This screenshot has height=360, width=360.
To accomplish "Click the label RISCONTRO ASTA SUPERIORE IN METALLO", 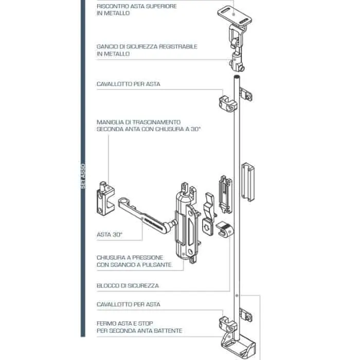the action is click(137, 10).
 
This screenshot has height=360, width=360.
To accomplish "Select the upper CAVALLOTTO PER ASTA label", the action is click(129, 84).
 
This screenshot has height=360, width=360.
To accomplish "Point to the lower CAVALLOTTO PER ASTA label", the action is click(129, 304).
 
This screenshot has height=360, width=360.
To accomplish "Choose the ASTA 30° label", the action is click(110, 235).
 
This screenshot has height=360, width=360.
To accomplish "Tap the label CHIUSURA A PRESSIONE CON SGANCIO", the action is click(134, 261).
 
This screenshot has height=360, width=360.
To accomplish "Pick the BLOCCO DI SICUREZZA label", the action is click(128, 285).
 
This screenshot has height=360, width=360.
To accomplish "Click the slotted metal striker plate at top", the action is click(235, 15).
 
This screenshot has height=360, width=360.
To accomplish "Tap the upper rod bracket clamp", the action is click(228, 103).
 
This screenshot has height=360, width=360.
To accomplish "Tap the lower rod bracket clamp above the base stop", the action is click(228, 324).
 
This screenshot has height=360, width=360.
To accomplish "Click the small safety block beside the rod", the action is click(225, 229).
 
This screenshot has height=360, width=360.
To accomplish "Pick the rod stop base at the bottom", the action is click(238, 347).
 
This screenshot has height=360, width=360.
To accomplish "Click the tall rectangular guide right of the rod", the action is click(248, 182).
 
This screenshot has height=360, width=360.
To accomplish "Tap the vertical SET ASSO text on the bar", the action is click(83, 176).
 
